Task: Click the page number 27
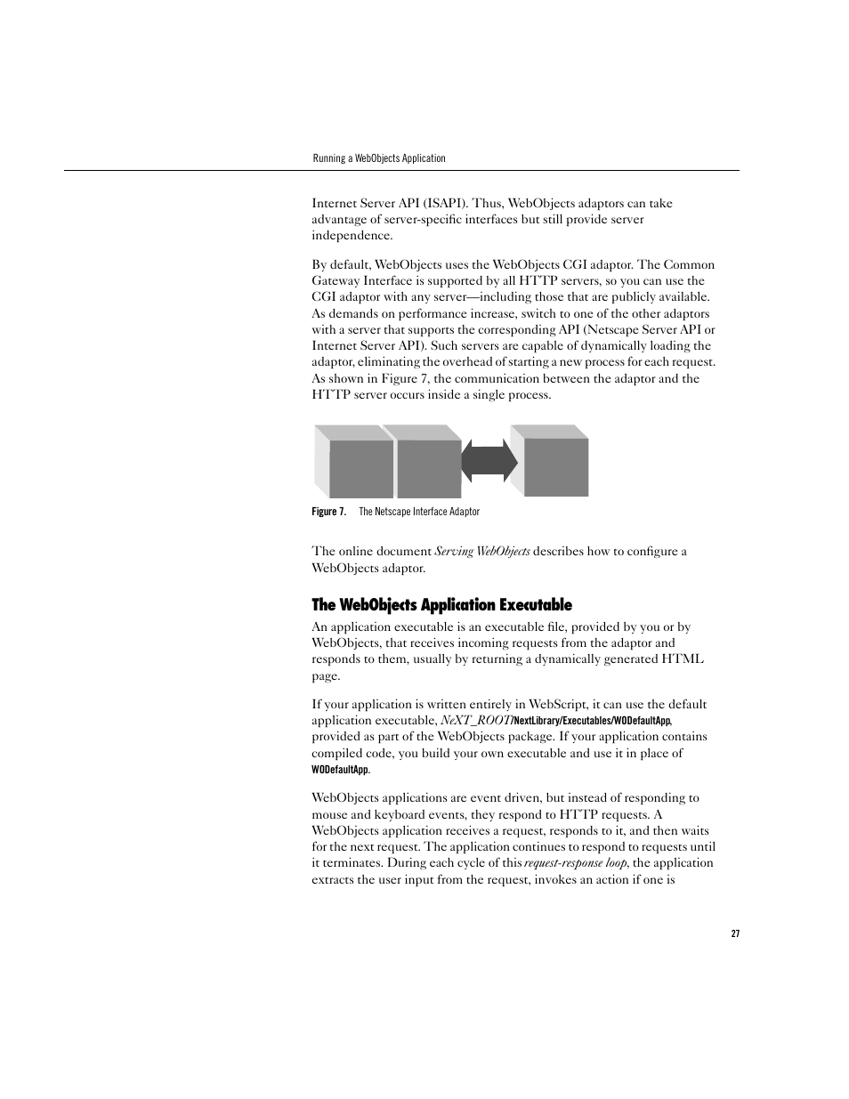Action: pos(735,933)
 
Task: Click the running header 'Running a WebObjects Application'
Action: pos(378,158)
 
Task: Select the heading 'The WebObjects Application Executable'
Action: pos(441,605)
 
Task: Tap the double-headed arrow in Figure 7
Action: pos(489,460)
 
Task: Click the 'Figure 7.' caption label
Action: pos(328,512)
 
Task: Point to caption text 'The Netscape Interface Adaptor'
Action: pos(419,512)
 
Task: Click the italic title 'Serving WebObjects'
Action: pos(482,552)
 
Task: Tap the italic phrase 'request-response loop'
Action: pos(575,863)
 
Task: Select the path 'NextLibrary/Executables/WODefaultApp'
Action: pos(592,721)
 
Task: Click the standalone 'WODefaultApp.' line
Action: pos(341,770)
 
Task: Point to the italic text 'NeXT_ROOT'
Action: pos(475,720)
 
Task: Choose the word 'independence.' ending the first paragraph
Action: pos(352,236)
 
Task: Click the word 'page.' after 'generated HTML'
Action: pos(326,675)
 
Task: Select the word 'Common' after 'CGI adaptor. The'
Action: pos(689,264)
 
